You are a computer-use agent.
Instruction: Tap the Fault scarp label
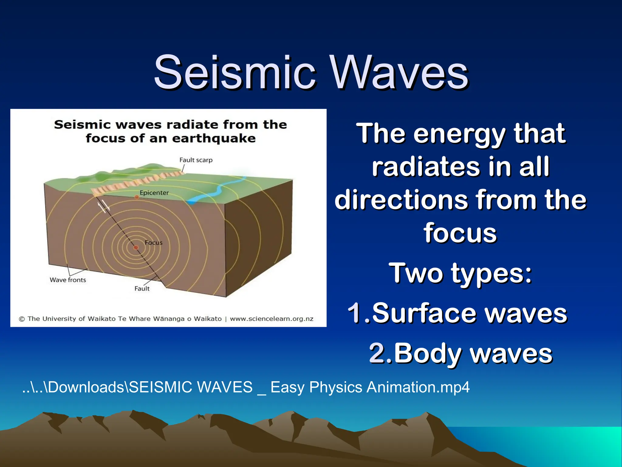click(x=196, y=160)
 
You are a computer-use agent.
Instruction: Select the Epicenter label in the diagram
click(x=154, y=192)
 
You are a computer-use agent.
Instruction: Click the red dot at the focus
click(x=136, y=247)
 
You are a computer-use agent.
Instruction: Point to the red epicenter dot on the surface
click(x=137, y=197)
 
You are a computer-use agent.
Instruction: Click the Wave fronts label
click(x=68, y=280)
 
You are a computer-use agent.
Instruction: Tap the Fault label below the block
click(x=142, y=289)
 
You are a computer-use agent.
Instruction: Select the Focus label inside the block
click(x=153, y=243)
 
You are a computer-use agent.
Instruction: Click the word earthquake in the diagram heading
click(x=214, y=138)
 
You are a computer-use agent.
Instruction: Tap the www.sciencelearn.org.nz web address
click(x=272, y=319)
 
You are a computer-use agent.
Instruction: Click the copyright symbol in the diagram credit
click(x=22, y=319)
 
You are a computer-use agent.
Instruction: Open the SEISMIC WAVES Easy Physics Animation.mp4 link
click(x=246, y=387)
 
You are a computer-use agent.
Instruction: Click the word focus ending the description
click(x=460, y=233)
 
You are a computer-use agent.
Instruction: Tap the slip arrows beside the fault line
click(x=103, y=206)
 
